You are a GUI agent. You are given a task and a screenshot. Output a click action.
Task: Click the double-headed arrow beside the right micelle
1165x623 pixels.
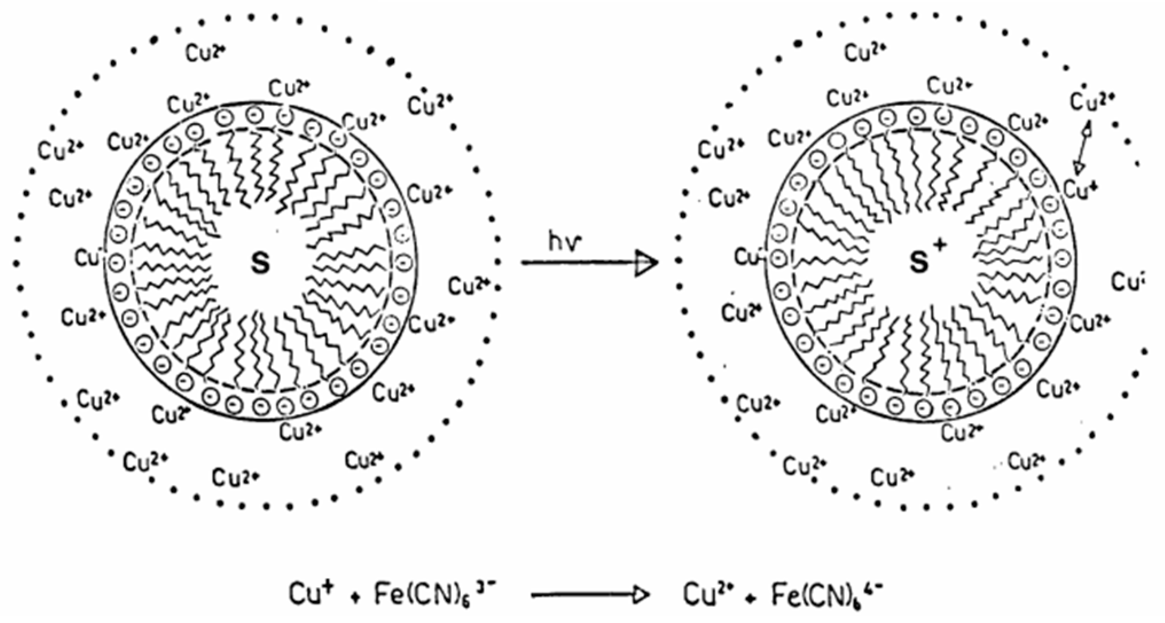click(x=1083, y=148)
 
